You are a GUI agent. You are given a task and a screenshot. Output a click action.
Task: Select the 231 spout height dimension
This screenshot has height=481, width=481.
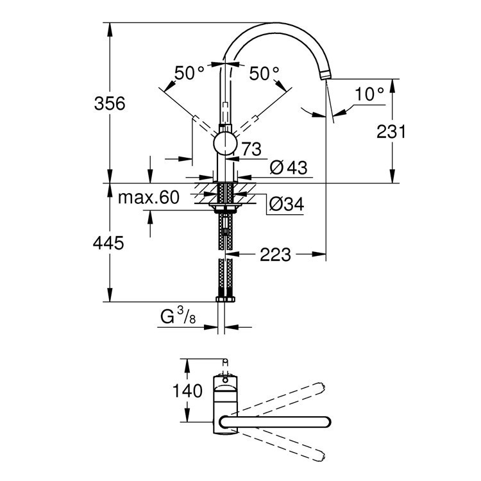tap(391, 132)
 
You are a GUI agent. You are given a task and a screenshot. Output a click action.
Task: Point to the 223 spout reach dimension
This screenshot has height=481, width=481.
tap(275, 255)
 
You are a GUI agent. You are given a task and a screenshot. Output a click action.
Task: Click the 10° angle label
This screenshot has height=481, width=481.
tap(369, 94)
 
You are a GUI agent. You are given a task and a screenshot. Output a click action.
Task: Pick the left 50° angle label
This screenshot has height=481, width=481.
tap(190, 73)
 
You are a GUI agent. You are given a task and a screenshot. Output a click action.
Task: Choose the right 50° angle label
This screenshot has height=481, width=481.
tap(264, 73)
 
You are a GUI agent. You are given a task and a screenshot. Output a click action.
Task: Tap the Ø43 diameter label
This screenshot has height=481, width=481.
tap(289, 168)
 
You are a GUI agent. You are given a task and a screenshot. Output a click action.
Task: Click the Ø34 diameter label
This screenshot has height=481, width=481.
tap(286, 205)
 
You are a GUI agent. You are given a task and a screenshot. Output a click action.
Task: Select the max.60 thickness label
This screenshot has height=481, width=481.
tap(148, 198)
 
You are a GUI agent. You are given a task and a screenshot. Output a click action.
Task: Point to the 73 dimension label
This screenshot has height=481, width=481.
tap(252, 150)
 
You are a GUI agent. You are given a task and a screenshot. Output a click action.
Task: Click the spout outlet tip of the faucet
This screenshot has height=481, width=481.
tap(325, 76)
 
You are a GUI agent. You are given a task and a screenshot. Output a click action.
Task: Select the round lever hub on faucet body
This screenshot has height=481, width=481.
tap(224, 144)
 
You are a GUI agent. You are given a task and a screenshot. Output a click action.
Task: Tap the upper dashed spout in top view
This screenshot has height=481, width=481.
tap(282, 398)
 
